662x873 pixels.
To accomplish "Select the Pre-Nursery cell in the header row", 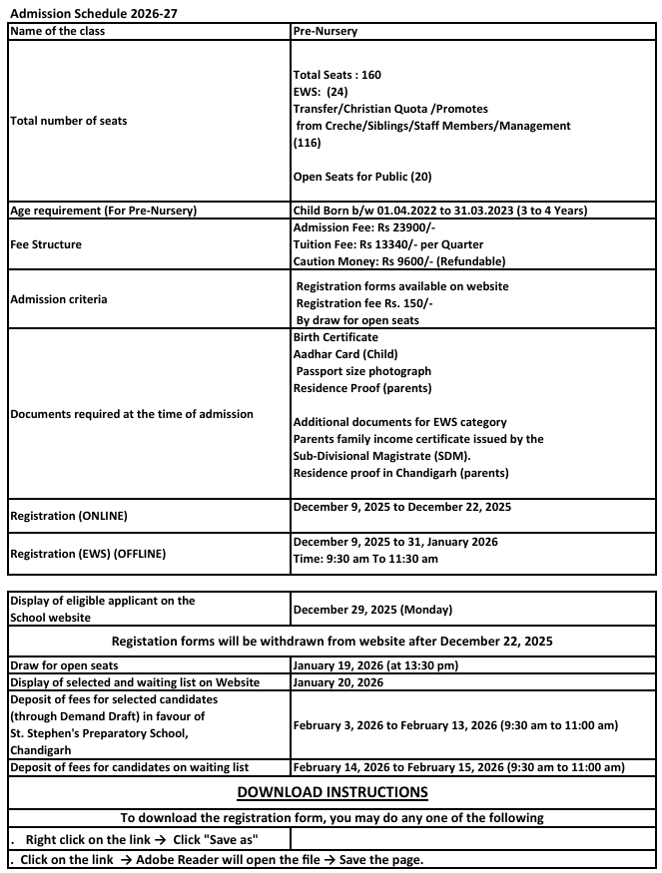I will [326, 31].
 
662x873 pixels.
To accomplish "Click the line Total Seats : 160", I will [337, 75].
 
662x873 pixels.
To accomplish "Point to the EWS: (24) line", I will [321, 92].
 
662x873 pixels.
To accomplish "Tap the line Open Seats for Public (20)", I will [362, 177].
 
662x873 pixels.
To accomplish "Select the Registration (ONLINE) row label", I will [69, 517].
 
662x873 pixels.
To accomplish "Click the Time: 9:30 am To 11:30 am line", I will [365, 559].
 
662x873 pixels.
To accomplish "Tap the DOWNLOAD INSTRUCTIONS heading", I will [331, 792].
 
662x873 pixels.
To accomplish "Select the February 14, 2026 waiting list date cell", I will [458, 766].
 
